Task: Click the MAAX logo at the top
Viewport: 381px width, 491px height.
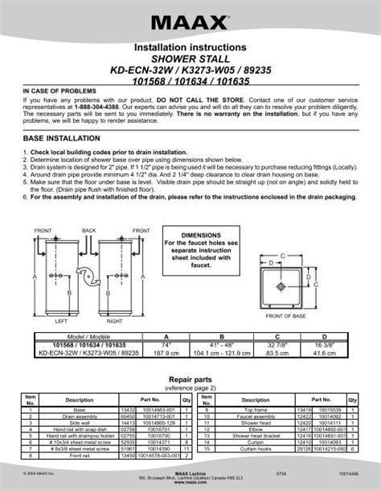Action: (x=190, y=17)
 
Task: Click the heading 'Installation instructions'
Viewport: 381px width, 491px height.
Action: (x=190, y=50)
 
